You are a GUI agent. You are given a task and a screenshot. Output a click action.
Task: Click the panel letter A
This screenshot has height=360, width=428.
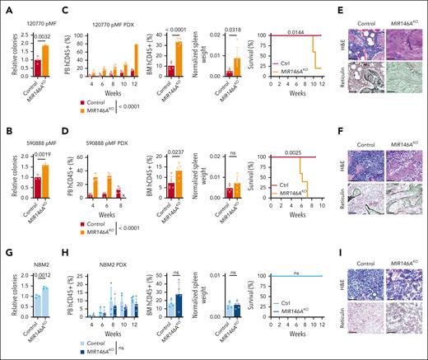point(6,7)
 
